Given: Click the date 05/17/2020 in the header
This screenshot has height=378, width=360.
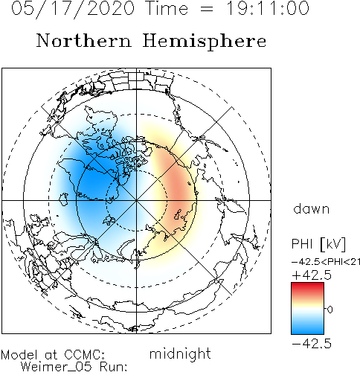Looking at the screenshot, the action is coord(73,9).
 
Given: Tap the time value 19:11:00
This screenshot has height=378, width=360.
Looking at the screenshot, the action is coord(268,8).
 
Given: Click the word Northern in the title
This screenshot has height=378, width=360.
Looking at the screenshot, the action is coord(84,40).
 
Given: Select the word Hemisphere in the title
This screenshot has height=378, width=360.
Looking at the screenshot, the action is coord(205,42).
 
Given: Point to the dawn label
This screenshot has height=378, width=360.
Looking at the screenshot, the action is coord(312,208).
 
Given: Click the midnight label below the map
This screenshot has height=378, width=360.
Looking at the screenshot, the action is coord(180,354).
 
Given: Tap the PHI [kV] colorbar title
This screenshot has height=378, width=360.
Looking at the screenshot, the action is coord(318,244).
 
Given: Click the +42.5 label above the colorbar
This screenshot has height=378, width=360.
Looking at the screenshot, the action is coord(312,275).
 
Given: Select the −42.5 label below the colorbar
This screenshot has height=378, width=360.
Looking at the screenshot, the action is coord(312,344).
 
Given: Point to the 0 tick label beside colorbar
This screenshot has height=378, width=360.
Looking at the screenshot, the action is coord(330,310).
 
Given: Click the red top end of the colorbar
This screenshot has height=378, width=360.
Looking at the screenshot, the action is coord(307,285).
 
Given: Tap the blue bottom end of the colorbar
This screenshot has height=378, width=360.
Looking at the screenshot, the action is coord(307,331).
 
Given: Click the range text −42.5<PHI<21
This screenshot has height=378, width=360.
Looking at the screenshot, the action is coord(326,262).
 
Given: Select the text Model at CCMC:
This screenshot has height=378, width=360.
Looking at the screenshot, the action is coord(53,355).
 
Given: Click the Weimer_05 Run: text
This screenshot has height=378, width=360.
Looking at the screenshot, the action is coord(74,367).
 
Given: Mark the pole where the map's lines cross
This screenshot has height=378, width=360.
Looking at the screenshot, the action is coord(136,200).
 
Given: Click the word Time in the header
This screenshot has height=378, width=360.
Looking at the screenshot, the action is coord(167,8).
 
